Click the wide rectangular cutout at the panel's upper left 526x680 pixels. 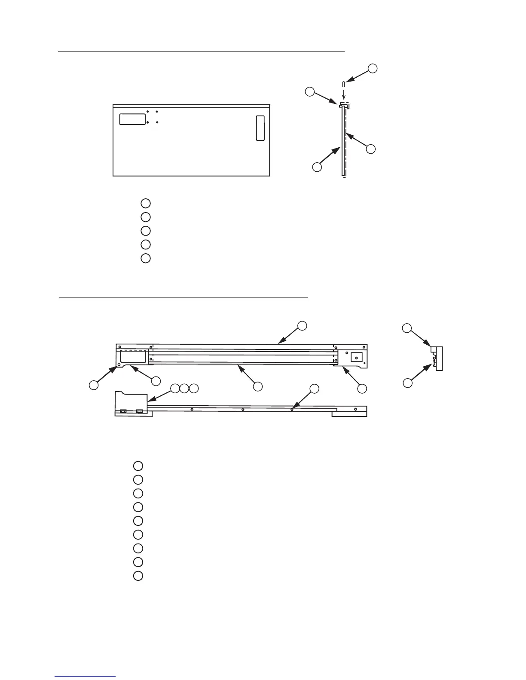click(132, 119)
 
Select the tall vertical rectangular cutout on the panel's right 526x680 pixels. click(260, 128)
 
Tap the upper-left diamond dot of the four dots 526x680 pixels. click(148, 112)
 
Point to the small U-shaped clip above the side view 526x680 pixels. click(343, 83)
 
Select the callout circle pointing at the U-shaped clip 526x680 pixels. click(373, 68)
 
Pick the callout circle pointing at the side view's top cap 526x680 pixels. click(309, 91)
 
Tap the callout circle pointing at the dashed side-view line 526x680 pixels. click(370, 149)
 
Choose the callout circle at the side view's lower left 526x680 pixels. click(317, 167)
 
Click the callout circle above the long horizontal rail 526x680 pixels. click(302, 325)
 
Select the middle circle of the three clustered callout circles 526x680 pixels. click(184, 389)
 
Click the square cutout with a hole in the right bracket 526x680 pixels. click(357, 357)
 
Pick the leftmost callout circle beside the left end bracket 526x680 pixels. click(93, 385)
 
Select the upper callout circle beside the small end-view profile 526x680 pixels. click(407, 328)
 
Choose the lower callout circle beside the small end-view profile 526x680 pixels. click(407, 382)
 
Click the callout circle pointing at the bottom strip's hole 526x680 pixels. click(315, 389)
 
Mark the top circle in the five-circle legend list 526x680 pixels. click(146, 203)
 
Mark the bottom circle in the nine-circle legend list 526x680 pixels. click(138, 576)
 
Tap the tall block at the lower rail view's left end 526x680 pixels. click(131, 403)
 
